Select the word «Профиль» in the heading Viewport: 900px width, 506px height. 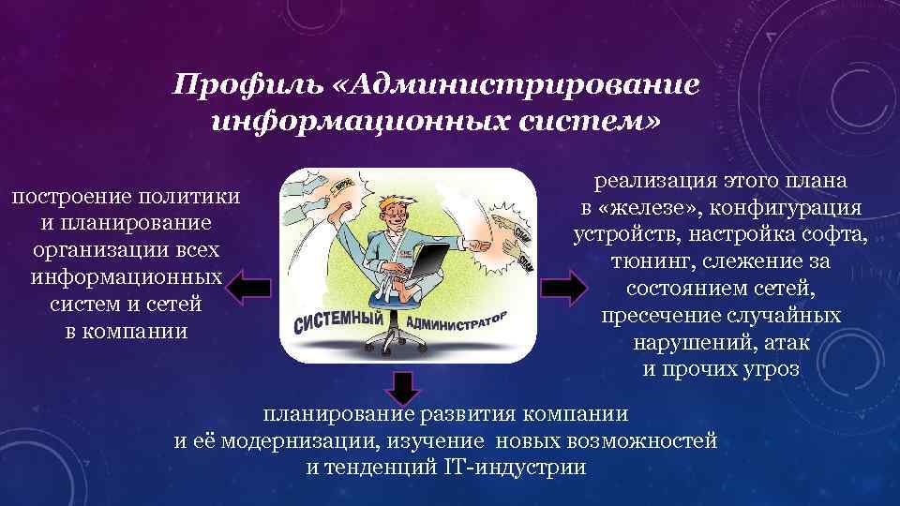[245, 85]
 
